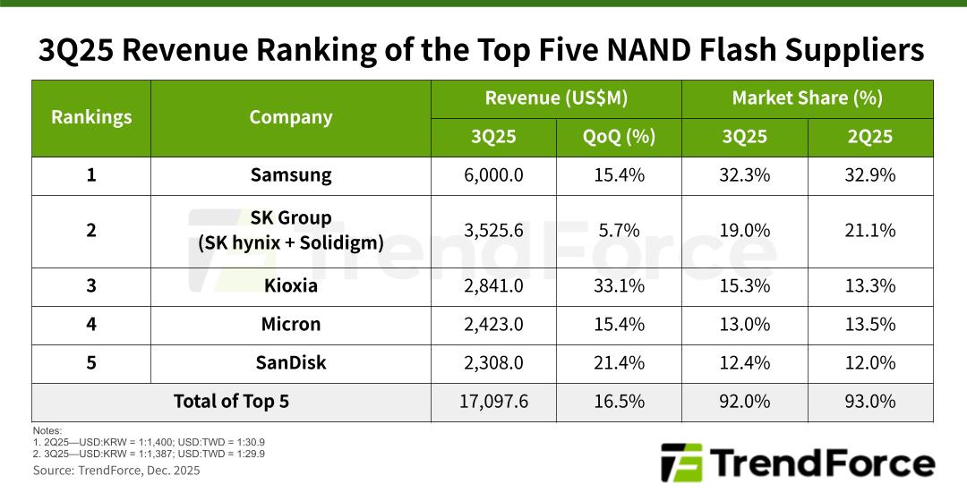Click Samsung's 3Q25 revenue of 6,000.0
pyautogui.click(x=493, y=175)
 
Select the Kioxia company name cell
pyautogui.click(x=291, y=286)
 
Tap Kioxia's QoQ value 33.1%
pyautogui.click(x=619, y=286)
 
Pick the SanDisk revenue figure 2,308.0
pyautogui.click(x=493, y=362)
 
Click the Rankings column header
pyautogui.click(x=91, y=117)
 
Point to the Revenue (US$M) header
pyautogui.click(x=556, y=98)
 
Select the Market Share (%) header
pyautogui.click(x=807, y=98)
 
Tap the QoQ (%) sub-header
pyautogui.click(x=619, y=137)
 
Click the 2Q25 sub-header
pyautogui.click(x=870, y=137)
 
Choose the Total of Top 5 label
pyautogui.click(x=231, y=401)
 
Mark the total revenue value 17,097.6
pyautogui.click(x=493, y=401)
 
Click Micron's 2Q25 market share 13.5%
pyautogui.click(x=870, y=324)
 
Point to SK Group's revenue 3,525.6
pyautogui.click(x=493, y=230)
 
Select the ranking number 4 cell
pyautogui.click(x=91, y=324)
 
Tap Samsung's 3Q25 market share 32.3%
pyautogui.click(x=744, y=175)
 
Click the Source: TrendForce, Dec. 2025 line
pyautogui.click(x=116, y=471)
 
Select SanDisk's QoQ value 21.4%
pyautogui.click(x=619, y=362)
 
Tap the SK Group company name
pyautogui.click(x=291, y=218)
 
